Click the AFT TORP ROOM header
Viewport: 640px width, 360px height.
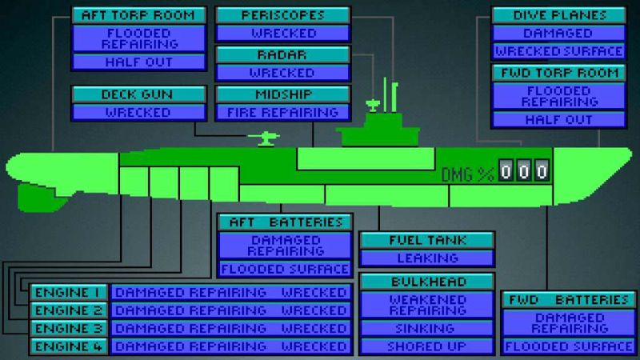(138, 15)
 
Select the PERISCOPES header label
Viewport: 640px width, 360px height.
(283, 15)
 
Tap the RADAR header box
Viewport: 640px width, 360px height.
(282, 54)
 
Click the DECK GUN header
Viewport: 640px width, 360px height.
(138, 94)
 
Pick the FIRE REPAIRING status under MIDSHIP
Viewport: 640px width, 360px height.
(283, 112)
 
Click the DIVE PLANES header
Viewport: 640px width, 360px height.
(559, 15)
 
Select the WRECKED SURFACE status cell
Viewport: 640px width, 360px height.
(559, 51)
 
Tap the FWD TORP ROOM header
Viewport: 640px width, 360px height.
(559, 73)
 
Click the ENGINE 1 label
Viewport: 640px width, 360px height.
(68, 293)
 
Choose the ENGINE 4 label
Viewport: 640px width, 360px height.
(68, 346)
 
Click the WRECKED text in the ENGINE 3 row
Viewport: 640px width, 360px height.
(314, 329)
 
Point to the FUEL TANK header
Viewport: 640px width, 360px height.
(427, 241)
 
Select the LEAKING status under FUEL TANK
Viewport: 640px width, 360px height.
(427, 258)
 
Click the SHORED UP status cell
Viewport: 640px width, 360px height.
(427, 346)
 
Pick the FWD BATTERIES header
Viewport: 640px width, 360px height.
(569, 300)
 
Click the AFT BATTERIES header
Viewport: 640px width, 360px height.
(286, 222)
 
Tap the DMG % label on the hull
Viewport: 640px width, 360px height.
(468, 174)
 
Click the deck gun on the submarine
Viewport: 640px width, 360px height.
(265, 138)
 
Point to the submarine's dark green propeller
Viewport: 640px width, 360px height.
(39, 198)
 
